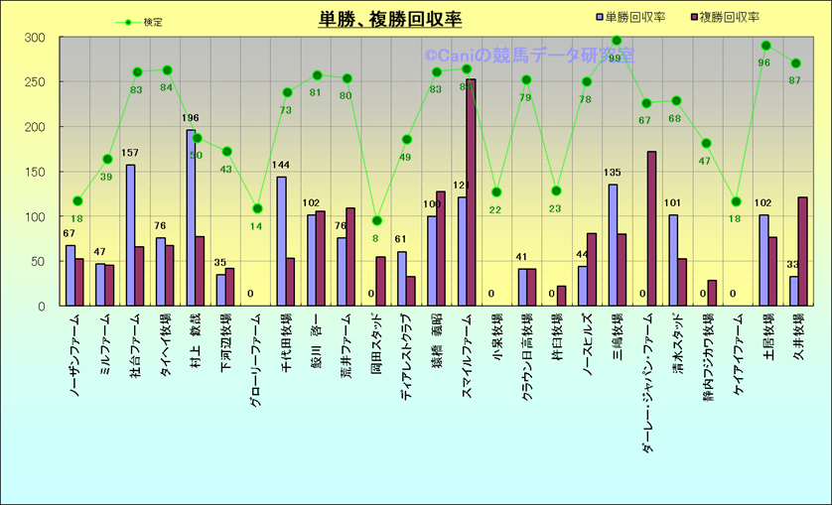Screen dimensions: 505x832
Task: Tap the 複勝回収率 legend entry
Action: [x=724, y=18]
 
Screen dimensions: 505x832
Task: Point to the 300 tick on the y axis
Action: [x=36, y=38]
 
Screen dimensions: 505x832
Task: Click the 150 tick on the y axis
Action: [x=36, y=172]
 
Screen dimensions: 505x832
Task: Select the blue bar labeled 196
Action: [x=191, y=218]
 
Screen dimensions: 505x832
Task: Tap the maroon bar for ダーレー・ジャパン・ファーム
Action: [x=651, y=228]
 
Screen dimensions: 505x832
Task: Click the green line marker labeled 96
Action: [x=765, y=46]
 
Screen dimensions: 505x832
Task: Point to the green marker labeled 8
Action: [x=377, y=220]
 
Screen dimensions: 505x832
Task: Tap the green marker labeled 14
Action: [x=257, y=208]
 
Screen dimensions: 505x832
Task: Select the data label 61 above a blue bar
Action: [x=401, y=239]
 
